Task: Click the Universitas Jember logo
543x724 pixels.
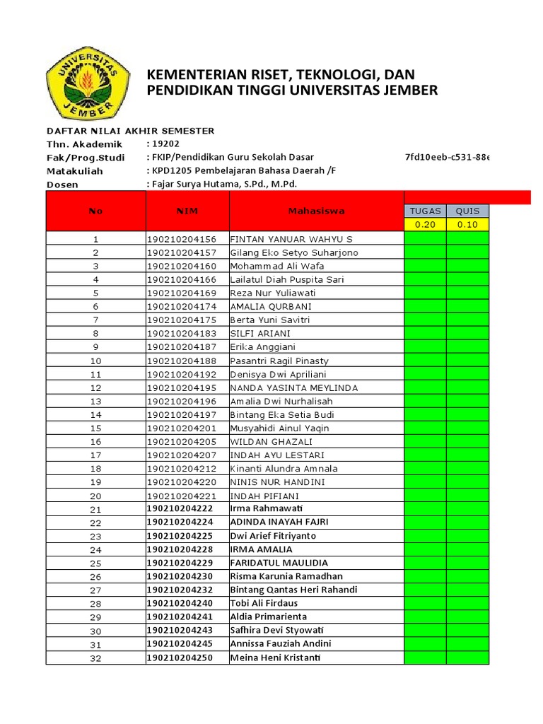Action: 88,83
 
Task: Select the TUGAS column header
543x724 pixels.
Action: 425,211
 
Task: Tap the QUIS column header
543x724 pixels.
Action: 467,211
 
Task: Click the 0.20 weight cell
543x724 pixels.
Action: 425,225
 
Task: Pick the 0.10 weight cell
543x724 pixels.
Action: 467,225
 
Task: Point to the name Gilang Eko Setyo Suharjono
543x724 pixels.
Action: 294,252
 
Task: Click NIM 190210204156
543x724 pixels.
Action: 182,239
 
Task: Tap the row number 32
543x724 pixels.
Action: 96,658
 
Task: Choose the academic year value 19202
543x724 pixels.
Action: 163,144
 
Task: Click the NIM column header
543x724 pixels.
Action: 187,211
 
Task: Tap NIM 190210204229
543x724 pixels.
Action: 180,563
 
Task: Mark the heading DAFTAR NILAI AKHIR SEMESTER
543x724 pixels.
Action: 130,131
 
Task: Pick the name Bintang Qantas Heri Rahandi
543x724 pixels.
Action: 293,590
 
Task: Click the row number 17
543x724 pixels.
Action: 96,455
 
